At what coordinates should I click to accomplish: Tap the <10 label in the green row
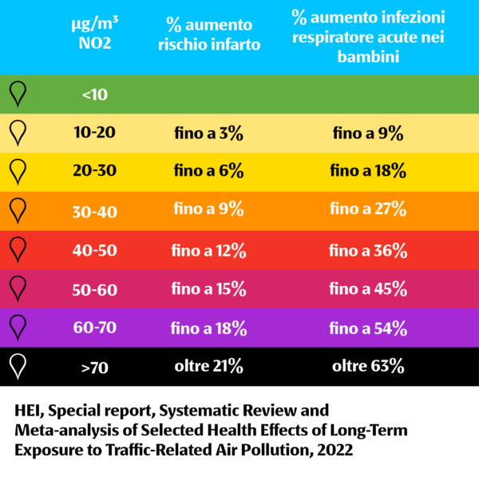[x=95, y=95]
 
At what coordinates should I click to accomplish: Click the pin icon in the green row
[x=18, y=94]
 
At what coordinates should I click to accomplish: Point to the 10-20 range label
[x=95, y=133]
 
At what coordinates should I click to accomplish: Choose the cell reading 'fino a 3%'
[x=208, y=133]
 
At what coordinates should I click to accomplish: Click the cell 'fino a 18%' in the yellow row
[x=368, y=171]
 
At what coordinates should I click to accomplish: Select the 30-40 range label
[x=95, y=211]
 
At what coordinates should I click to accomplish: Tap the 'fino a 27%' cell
[x=368, y=210]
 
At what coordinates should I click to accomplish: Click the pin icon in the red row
[x=18, y=249]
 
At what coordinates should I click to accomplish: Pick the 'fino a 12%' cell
[x=208, y=250]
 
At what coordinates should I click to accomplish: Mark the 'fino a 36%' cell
[x=368, y=250]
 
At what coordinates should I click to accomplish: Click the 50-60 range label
[x=95, y=289]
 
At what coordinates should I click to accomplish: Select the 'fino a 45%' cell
[x=368, y=289]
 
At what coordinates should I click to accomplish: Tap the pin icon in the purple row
[x=18, y=328]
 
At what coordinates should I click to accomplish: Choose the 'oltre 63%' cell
[x=368, y=368]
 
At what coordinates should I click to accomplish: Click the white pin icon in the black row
[x=18, y=367]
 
